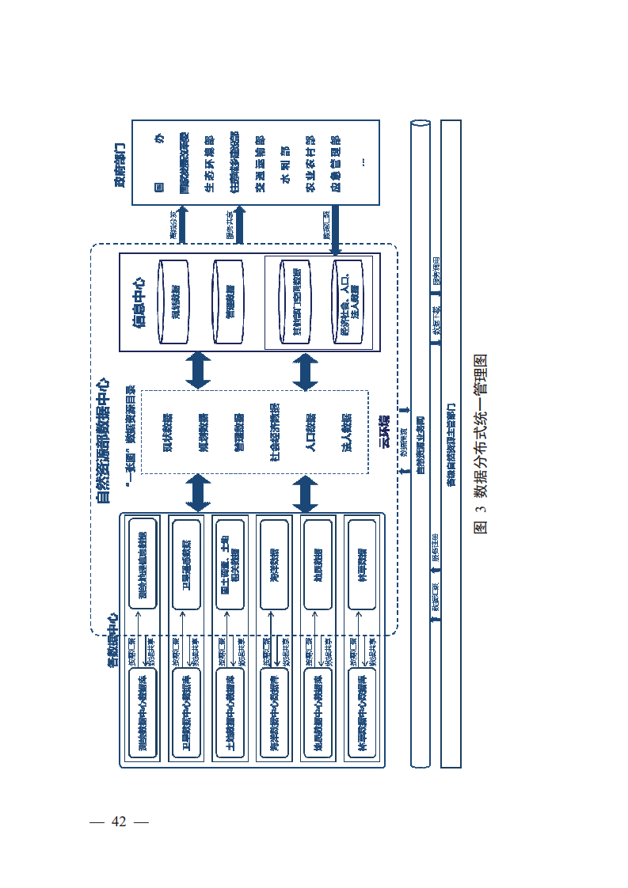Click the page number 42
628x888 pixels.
point(120,821)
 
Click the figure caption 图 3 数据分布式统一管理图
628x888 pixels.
point(480,443)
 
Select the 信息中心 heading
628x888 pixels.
point(139,302)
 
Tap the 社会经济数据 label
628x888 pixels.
point(274,432)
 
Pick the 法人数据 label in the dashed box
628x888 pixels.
point(346,432)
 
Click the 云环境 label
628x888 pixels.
point(385,432)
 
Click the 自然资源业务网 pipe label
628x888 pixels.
point(420,443)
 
